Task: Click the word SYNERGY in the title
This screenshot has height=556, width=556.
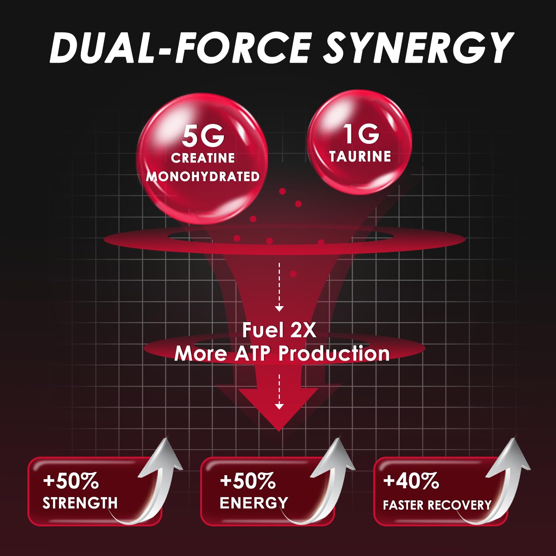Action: click(x=418, y=48)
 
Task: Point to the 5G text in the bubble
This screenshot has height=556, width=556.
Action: click(x=203, y=136)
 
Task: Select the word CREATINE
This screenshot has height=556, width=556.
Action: click(x=203, y=158)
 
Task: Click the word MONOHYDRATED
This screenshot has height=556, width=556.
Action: click(x=203, y=176)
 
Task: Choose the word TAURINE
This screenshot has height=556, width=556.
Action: click(x=360, y=156)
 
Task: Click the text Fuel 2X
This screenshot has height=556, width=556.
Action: click(x=279, y=330)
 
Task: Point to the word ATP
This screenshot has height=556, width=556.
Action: click(x=252, y=353)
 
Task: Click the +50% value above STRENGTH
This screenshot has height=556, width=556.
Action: click(x=71, y=481)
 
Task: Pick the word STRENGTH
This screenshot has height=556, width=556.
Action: click(x=80, y=503)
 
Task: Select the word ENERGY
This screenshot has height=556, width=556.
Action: click(x=254, y=503)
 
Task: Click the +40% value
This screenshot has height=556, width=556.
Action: click(x=411, y=481)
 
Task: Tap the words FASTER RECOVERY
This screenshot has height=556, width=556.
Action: click(x=437, y=505)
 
